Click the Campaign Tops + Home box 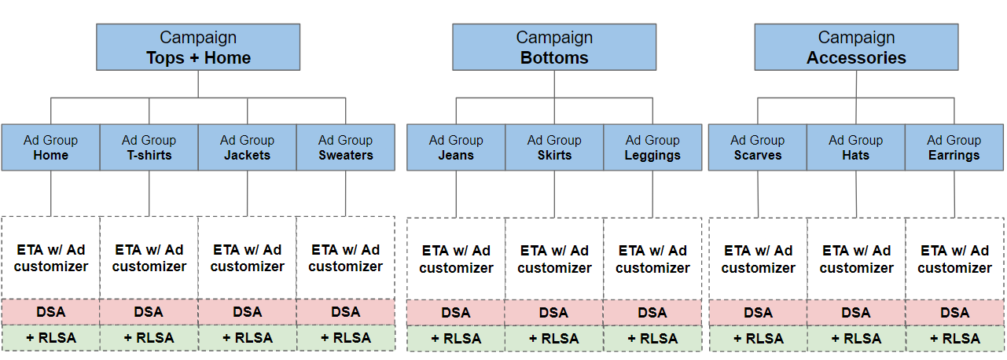pos(198,47)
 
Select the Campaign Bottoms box pos(553,47)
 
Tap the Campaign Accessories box pos(856,47)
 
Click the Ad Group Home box pos(50,147)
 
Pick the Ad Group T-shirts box pos(149,147)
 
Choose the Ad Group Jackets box pos(247,147)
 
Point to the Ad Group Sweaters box pos(345,147)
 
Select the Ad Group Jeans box pos(456,147)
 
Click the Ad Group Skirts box pos(554,147)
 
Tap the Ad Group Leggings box pos(652,147)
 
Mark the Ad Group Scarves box pos(758,147)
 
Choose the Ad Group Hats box pos(856,147)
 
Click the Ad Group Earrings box pos(954,147)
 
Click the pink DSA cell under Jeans pos(456,313)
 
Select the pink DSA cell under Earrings pos(954,313)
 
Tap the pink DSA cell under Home pos(50,312)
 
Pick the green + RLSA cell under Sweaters pos(345,337)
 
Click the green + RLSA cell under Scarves pos(758,339)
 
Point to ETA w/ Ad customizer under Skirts pos(554,259)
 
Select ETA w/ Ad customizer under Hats pos(856,259)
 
